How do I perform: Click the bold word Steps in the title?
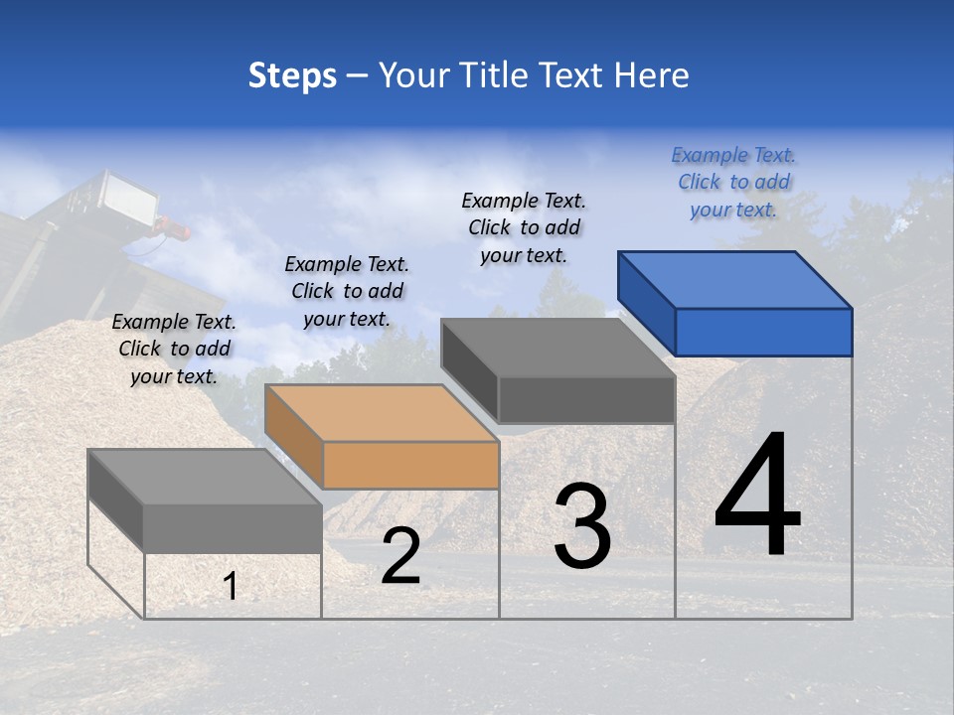click(292, 75)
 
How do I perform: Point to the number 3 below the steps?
click(582, 526)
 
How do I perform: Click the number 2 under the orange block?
click(400, 556)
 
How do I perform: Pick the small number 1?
click(231, 587)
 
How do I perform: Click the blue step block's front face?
click(763, 332)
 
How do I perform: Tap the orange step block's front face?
click(410, 465)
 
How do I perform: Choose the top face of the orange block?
click(382, 412)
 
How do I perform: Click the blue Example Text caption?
click(733, 182)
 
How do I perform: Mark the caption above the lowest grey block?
click(174, 349)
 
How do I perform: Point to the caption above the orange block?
click(347, 291)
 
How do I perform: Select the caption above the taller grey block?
click(524, 227)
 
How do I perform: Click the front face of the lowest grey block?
click(233, 528)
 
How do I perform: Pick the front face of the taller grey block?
click(586, 399)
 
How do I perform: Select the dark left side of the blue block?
click(646, 300)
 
